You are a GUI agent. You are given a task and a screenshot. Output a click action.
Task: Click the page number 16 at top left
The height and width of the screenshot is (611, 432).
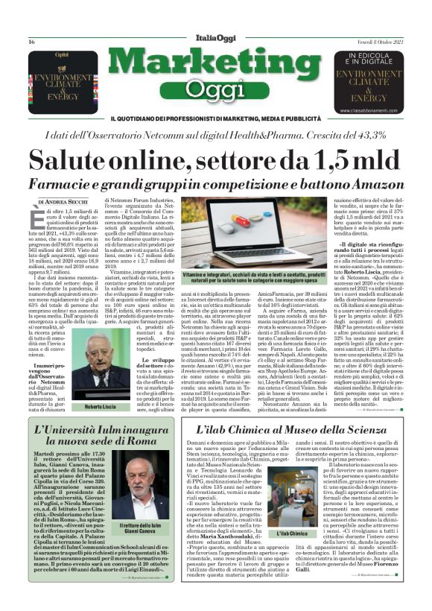pos(32,42)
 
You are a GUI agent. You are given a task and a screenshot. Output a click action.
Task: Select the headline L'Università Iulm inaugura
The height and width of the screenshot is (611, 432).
pos(102,431)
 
